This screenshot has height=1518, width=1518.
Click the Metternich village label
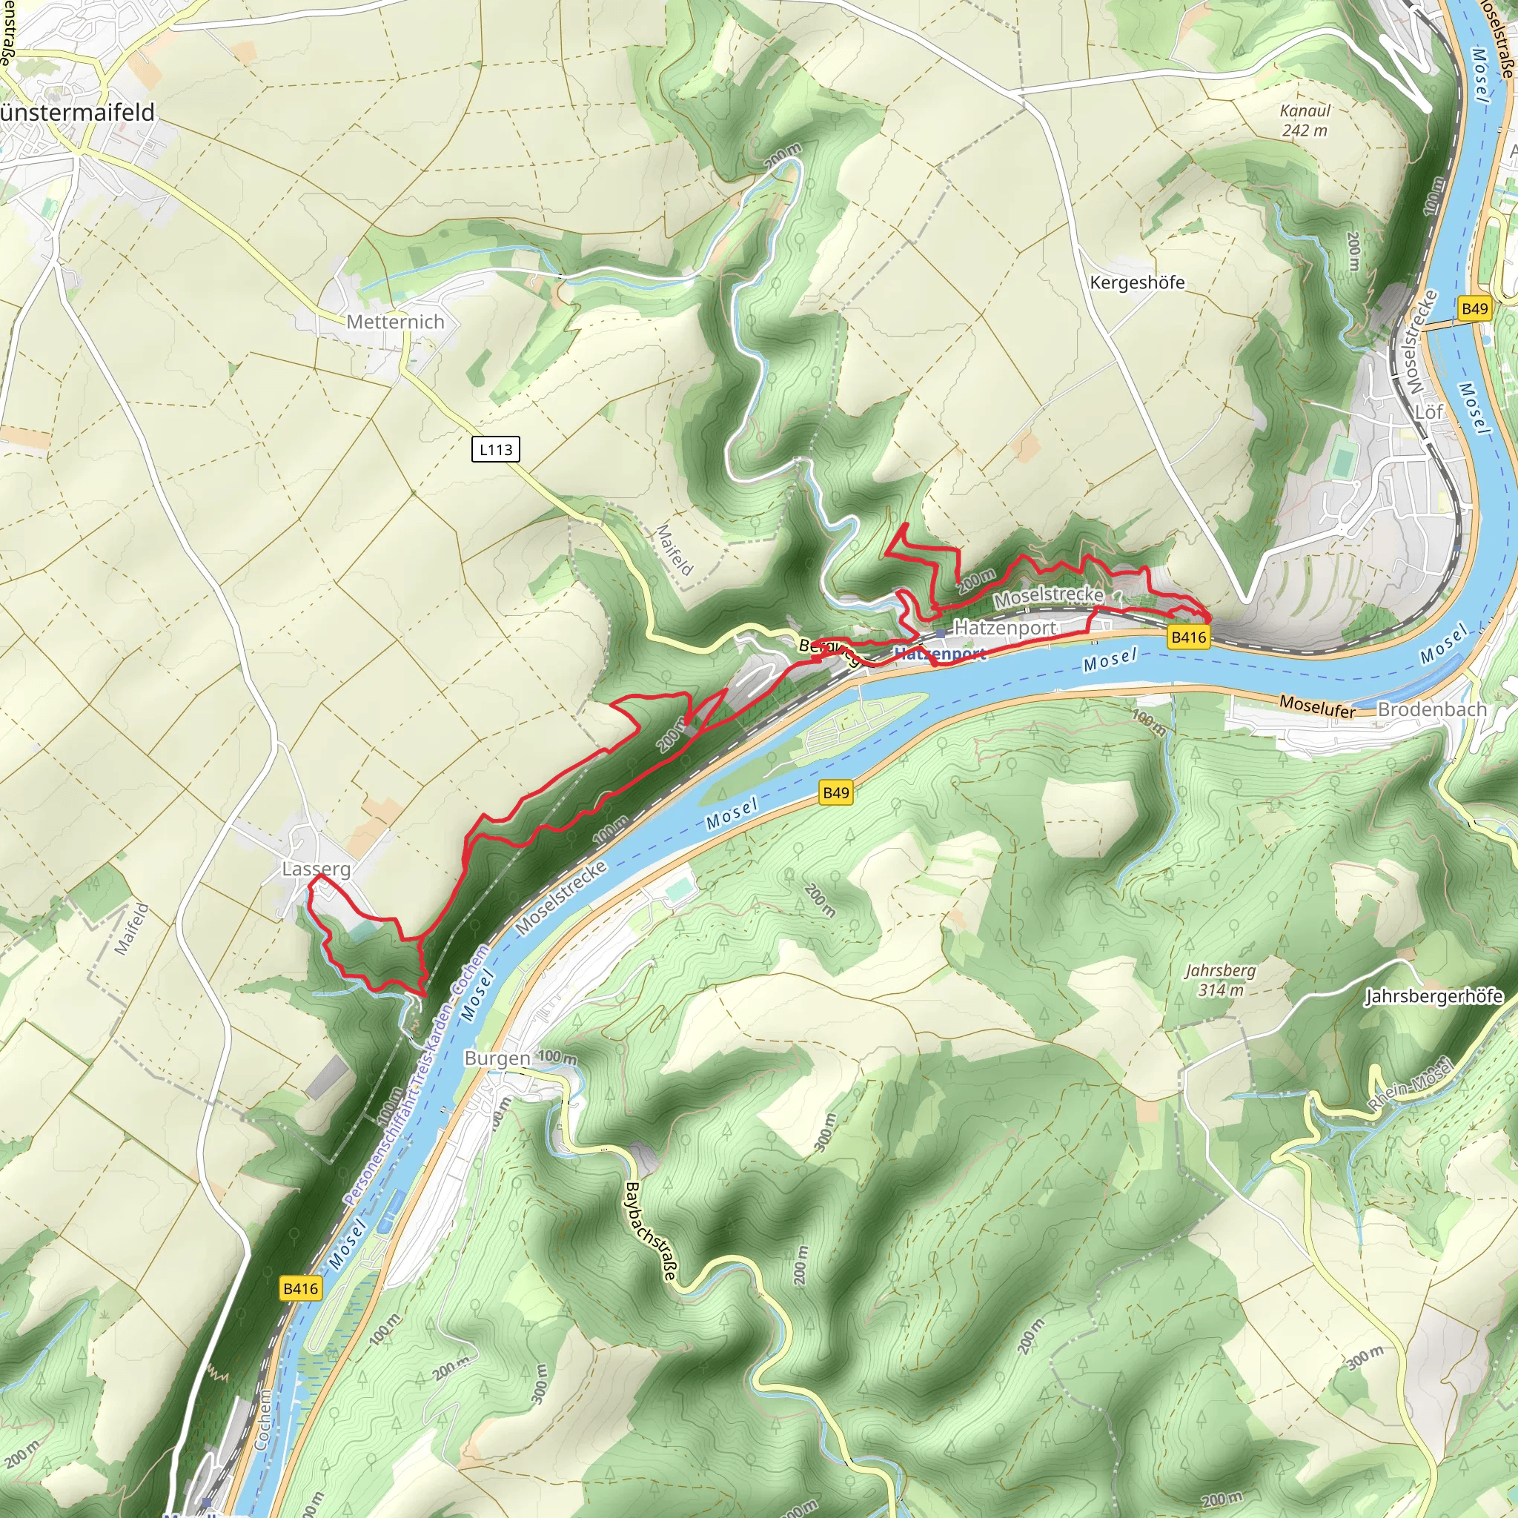[x=395, y=322]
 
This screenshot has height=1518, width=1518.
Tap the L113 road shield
[x=496, y=449]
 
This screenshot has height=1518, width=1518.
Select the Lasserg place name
[x=316, y=869]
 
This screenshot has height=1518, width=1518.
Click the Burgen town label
[x=497, y=1058]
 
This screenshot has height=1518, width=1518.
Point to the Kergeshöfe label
[x=1137, y=283]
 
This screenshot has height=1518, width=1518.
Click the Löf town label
[x=1429, y=411]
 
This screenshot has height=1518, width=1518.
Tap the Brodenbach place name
[x=1432, y=709]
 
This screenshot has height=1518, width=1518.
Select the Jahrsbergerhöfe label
[x=1434, y=996]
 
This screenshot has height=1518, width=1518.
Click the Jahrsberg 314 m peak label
[x=1220, y=980]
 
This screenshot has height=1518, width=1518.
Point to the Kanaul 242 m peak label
[x=1305, y=121]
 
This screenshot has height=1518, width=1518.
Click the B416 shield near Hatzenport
[x=1188, y=637]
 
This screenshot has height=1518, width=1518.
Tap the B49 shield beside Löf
[x=1474, y=309]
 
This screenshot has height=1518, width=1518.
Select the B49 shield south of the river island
[x=835, y=793]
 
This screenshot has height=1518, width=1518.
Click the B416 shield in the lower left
[x=300, y=1288]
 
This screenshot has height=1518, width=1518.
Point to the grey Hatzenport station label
[x=1005, y=628]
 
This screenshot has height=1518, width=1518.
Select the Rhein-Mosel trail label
[x=1410, y=1085]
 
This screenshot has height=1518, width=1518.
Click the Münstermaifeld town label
[x=77, y=113]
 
